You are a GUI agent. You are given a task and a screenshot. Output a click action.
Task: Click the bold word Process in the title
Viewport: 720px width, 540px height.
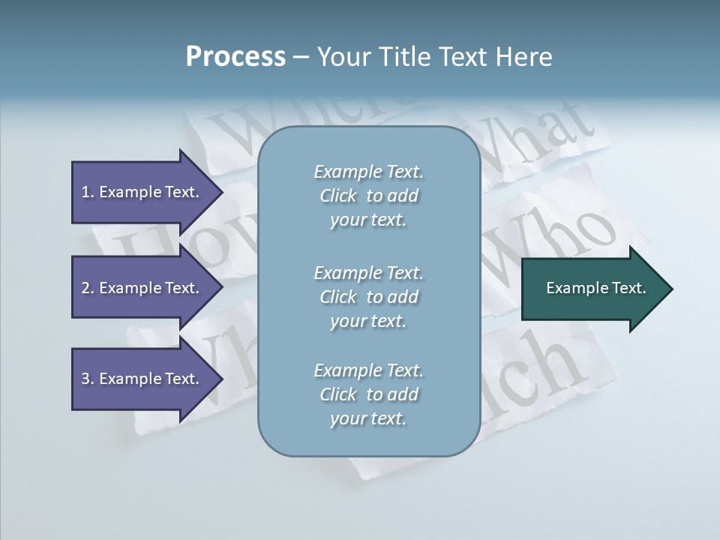point(235,57)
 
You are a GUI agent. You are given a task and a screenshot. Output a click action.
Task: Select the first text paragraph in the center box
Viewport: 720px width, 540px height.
point(368,196)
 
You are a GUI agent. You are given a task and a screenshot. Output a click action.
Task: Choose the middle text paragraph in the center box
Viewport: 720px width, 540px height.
point(368,297)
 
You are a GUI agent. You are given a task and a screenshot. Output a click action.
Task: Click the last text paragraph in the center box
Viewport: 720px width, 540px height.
point(368,394)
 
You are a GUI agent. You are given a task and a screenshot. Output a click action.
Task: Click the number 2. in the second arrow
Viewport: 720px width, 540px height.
point(88,288)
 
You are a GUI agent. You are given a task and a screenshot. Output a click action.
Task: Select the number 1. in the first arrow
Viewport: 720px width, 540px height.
point(88,192)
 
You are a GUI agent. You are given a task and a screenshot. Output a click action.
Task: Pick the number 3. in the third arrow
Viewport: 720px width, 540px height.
point(88,379)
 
